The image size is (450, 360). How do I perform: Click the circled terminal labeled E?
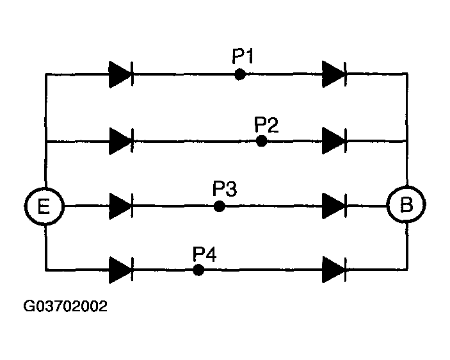[x=45, y=206]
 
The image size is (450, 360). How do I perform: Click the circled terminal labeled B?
[x=407, y=206]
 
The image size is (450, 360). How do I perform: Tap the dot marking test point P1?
[x=239, y=74]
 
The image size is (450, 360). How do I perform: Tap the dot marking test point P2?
[x=261, y=140]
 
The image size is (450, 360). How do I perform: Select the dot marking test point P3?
[x=219, y=206]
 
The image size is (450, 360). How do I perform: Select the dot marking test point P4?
[x=198, y=270]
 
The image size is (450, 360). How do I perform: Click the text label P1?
[x=243, y=58]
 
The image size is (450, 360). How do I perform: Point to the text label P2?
[x=266, y=124]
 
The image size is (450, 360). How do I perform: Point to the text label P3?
[x=225, y=189]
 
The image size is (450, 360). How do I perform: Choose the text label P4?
[x=205, y=254]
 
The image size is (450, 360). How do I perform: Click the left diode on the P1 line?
[x=120, y=74]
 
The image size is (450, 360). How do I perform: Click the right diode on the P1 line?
[x=334, y=74]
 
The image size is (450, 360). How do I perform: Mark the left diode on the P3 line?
[x=120, y=206]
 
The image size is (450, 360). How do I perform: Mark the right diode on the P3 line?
[x=334, y=206]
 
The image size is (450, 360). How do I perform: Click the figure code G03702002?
[x=65, y=306]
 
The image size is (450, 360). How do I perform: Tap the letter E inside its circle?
[x=45, y=206]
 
